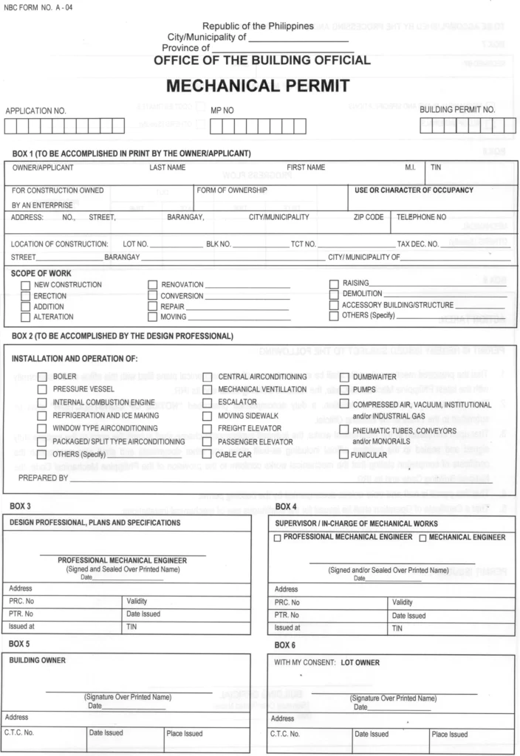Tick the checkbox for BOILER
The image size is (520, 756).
tap(43, 377)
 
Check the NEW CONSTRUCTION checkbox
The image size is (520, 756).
tap(26, 285)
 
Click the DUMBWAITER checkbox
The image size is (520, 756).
tap(343, 377)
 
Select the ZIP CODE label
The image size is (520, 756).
tap(369, 218)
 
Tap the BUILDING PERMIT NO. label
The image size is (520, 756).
tap(457, 109)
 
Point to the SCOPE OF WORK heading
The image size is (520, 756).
tap(41, 273)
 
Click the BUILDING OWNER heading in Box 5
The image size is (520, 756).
tap(37, 660)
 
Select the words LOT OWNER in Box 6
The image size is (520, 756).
tap(360, 662)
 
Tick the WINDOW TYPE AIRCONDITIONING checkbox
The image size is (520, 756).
tap(43, 428)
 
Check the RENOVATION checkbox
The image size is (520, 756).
tap(153, 285)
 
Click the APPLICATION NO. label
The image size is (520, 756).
tap(36, 111)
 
